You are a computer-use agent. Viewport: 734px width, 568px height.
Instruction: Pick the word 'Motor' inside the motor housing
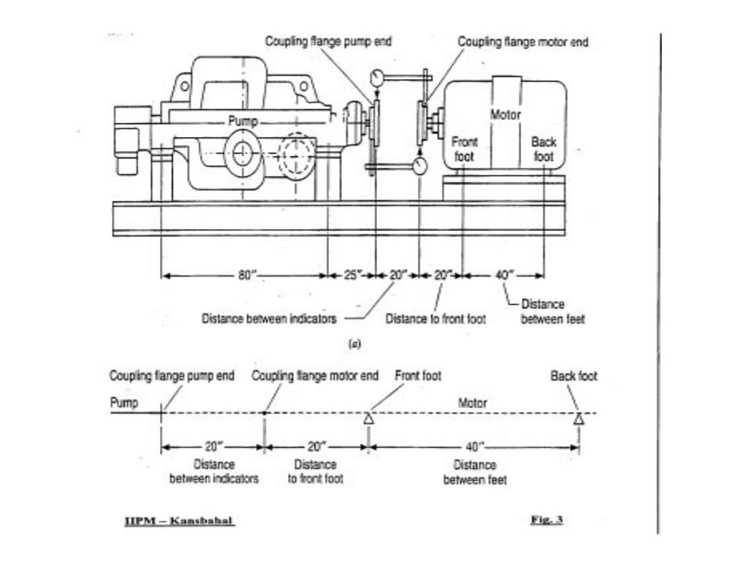coord(506,115)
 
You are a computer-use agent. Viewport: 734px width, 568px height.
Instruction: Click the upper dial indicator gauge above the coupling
coord(377,77)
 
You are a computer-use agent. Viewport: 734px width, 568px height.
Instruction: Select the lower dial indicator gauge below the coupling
coord(419,166)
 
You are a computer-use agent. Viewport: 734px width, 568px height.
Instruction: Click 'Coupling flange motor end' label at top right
coord(523,42)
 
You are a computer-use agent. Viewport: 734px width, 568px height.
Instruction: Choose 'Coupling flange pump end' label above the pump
coord(328,42)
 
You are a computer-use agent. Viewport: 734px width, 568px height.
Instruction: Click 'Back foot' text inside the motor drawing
coord(543,149)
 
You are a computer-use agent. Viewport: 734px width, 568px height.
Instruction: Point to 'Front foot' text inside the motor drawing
coord(464,149)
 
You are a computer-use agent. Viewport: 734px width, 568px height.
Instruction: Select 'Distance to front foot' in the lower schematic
coord(315,471)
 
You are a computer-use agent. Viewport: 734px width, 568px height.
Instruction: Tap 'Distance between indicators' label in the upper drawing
coord(269,318)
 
